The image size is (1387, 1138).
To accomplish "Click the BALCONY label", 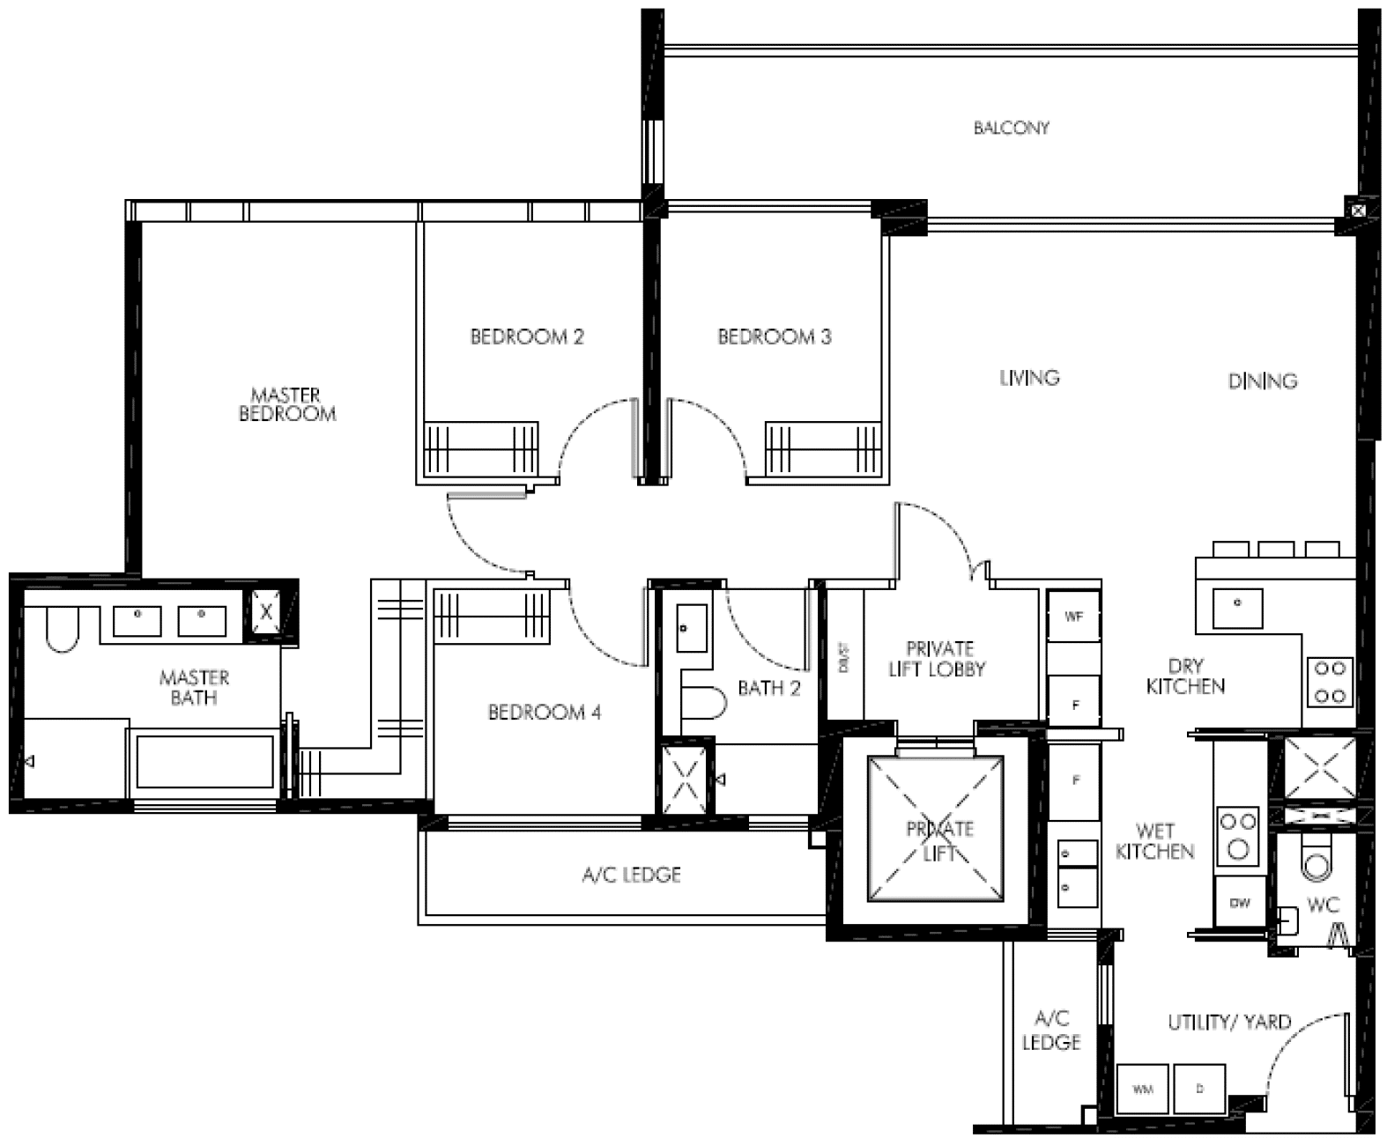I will coord(1011,128).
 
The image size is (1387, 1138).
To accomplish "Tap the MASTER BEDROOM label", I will coord(287,404).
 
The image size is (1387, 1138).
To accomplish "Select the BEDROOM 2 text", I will coord(526,336).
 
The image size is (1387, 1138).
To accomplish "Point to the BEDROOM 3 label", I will coord(774,336).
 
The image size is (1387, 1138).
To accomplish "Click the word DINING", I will coord(1262,381).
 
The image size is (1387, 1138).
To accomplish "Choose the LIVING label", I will coord(1028,378).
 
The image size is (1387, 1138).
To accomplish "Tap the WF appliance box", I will coord(1072,617).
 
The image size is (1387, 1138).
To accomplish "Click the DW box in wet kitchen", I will coord(1239,903).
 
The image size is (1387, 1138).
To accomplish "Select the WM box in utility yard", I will coord(1142,1090).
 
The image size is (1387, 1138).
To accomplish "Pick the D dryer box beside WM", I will coord(1199,1090).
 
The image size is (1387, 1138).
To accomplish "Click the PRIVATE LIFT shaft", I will coord(935,829).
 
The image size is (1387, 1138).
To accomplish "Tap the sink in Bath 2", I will coord(692,627).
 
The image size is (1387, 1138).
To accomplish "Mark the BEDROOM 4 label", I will coord(544,712).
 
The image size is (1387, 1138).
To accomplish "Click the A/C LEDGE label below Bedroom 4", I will coord(631,875).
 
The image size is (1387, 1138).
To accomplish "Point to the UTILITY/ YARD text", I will coord(1228,1023).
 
